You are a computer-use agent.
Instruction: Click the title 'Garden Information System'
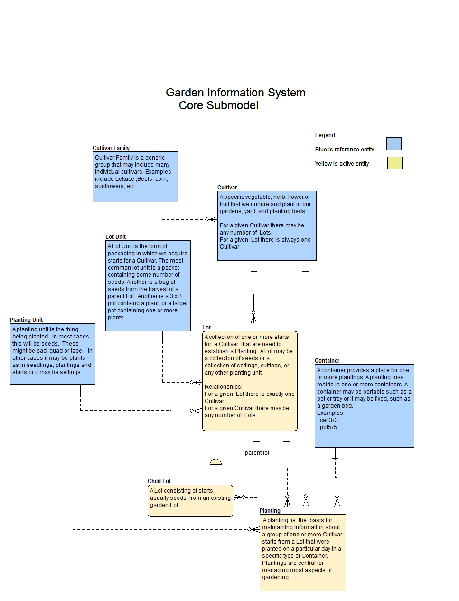235,93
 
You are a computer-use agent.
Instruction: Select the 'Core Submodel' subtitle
218,105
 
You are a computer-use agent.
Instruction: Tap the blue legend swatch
393,143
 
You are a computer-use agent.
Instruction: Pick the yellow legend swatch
394,163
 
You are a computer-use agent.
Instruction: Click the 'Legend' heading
325,135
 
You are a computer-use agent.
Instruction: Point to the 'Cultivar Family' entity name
111,148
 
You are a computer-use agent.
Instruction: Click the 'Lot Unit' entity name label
115,237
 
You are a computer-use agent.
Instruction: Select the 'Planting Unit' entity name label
27,320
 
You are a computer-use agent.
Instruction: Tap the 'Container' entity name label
327,361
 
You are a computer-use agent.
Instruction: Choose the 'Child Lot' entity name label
159,481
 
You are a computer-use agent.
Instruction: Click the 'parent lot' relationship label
257,453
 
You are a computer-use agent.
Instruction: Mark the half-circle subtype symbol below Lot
215,462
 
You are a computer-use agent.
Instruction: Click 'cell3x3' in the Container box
328,420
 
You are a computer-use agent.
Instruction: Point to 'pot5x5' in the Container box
328,427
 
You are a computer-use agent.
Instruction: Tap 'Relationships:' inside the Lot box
223,387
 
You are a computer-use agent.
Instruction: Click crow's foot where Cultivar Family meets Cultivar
212,219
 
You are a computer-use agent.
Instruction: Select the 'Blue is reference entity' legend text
344,150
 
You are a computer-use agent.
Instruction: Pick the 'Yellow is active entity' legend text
342,164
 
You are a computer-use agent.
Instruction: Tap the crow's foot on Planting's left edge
254,529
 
